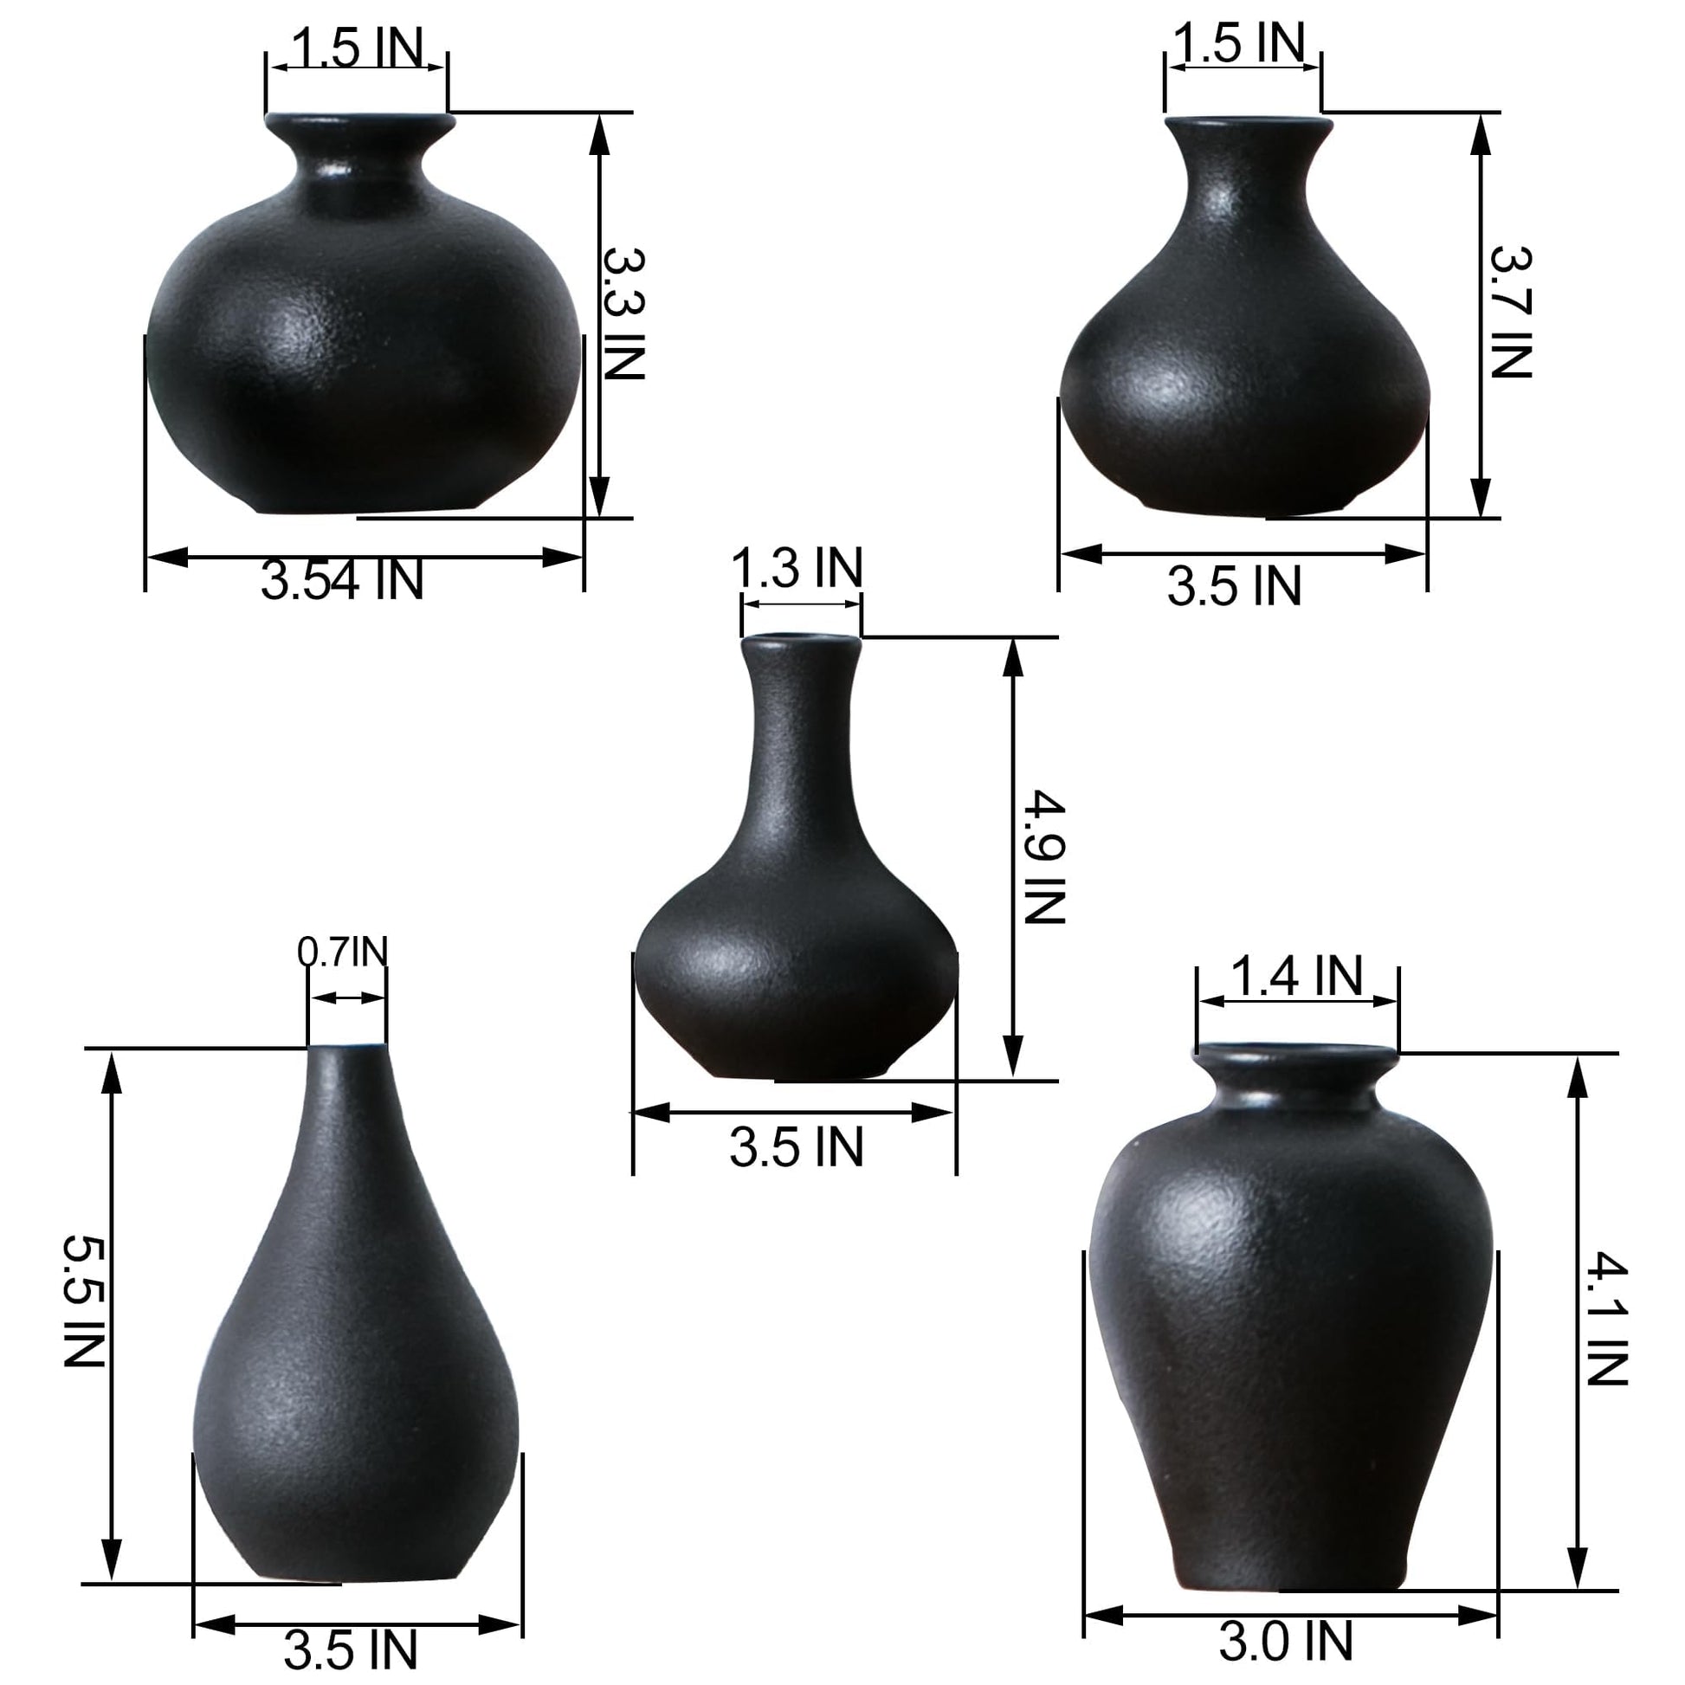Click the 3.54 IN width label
(x=342, y=581)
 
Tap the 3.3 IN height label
(x=624, y=313)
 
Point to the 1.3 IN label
(x=797, y=568)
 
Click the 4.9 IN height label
(x=1043, y=856)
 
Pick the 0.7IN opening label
(x=342, y=952)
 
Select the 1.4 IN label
(x=1296, y=974)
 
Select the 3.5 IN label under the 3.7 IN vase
(x=1234, y=586)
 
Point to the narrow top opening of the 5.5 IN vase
(x=347, y=1049)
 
